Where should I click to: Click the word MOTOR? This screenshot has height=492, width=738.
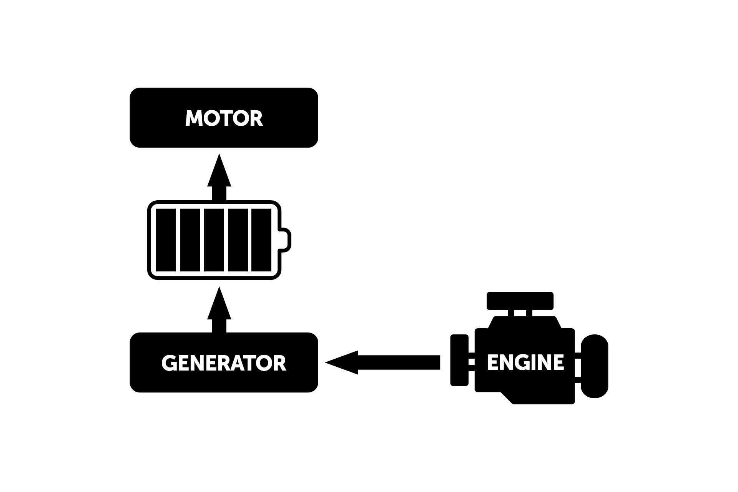coord(224,118)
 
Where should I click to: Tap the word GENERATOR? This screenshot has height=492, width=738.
coord(224,363)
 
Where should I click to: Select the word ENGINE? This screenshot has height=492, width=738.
coord(525,362)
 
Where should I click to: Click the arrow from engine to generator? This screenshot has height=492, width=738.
coord(384,362)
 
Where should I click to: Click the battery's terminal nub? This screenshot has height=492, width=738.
coord(285,240)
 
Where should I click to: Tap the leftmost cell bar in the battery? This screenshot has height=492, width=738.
coord(166,240)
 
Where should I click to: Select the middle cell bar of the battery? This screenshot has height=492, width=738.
coord(214,240)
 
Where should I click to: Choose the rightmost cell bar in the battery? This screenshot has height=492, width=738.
coord(261,240)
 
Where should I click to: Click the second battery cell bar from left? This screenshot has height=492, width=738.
coord(190,240)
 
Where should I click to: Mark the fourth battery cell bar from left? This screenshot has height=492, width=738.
coord(238,240)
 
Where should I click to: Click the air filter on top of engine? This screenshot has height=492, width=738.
coord(520,301)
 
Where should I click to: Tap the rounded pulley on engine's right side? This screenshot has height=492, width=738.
coord(594,366)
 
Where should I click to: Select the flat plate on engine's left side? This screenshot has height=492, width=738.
coord(459,360)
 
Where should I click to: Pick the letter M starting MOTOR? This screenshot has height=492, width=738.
coord(193,118)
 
